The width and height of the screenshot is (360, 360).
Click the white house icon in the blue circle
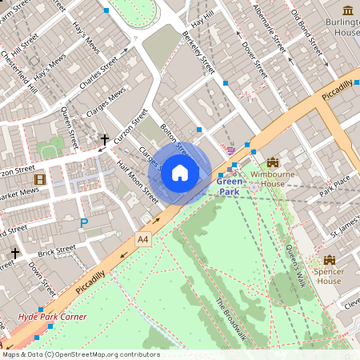(x=180, y=172)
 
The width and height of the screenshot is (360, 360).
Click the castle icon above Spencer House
(x=329, y=261)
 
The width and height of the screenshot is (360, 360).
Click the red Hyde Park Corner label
(x=52, y=317)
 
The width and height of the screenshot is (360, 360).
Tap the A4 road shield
(x=143, y=238)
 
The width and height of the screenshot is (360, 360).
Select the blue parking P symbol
(x=83, y=224)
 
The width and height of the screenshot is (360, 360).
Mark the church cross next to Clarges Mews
(x=104, y=141)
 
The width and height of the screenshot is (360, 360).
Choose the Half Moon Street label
(x=138, y=177)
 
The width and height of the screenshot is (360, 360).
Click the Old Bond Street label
(x=308, y=29)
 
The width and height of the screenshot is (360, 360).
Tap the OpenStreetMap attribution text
(x=80, y=354)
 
